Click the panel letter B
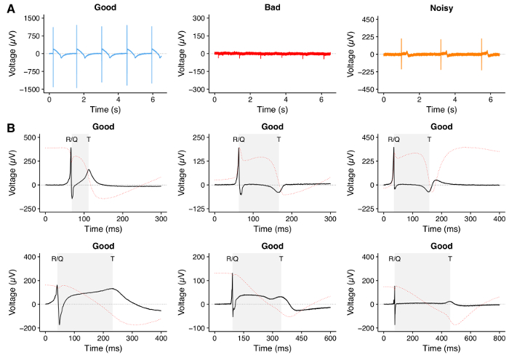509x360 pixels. (9, 128)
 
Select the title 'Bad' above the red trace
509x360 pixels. (272, 7)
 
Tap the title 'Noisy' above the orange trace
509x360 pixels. (441, 7)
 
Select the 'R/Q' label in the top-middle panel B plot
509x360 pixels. (239, 139)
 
